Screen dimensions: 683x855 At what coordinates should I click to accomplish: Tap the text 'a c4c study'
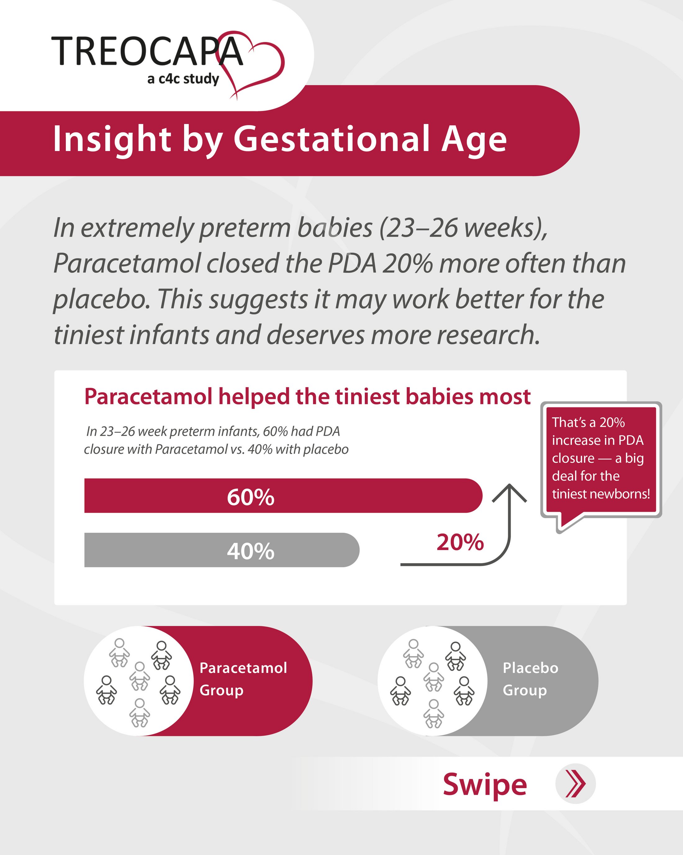[183, 79]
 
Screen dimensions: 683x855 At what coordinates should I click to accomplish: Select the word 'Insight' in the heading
[112, 140]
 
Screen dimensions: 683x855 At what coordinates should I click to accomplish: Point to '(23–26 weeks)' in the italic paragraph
[464, 228]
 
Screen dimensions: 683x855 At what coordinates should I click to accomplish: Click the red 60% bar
[283, 495]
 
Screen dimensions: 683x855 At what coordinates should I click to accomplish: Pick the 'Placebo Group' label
[531, 678]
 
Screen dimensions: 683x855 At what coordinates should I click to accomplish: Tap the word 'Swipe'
[485, 785]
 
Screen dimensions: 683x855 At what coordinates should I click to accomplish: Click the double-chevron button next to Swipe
[576, 784]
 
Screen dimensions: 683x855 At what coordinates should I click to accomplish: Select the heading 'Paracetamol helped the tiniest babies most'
[307, 397]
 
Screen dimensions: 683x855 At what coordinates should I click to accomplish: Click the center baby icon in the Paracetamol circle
[139, 676]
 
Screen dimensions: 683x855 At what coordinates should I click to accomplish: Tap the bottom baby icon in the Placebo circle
[434, 713]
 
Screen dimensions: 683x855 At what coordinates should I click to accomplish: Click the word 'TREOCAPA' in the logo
[147, 51]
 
